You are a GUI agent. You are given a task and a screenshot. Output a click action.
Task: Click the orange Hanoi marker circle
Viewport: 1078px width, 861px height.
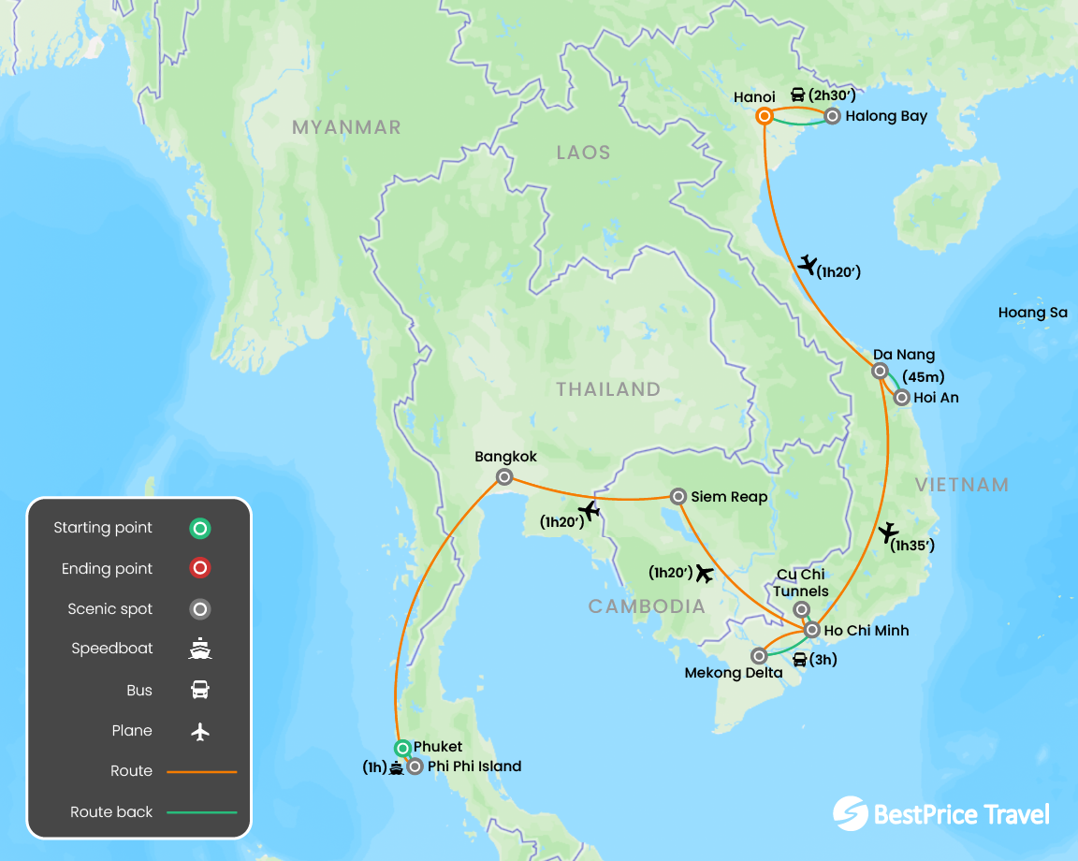click(x=765, y=116)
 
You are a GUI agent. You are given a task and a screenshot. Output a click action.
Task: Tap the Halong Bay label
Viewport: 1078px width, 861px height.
click(x=885, y=117)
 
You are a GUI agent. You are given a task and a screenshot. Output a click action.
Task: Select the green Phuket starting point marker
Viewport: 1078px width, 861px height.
click(x=402, y=748)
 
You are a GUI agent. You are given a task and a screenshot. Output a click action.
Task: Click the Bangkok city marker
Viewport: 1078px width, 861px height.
click(x=504, y=477)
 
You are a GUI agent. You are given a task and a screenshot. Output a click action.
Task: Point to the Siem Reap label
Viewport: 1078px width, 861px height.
click(x=729, y=497)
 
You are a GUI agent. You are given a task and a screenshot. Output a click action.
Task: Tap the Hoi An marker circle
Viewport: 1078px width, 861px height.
click(x=901, y=398)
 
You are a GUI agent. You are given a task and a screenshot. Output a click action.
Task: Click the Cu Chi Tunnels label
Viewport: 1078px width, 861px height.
click(x=801, y=583)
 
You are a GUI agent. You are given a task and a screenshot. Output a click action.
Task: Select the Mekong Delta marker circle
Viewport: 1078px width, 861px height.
click(x=759, y=656)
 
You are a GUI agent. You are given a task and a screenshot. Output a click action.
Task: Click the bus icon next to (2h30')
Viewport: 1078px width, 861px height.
click(x=798, y=95)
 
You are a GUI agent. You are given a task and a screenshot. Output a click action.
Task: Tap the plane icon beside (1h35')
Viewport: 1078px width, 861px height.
click(x=888, y=534)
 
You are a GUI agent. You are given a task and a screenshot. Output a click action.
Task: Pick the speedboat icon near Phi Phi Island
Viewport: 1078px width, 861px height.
click(x=397, y=768)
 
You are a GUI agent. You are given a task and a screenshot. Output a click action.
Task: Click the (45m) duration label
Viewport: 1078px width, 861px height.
click(x=923, y=377)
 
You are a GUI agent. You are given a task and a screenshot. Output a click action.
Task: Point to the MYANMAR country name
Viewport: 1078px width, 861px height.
click(x=346, y=127)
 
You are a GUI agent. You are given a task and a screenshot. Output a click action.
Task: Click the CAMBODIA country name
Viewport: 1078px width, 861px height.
click(x=646, y=606)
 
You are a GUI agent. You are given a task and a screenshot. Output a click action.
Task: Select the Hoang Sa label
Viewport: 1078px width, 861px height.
click(x=1032, y=313)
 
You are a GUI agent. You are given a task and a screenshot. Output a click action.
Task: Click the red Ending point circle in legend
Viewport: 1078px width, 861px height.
click(x=199, y=568)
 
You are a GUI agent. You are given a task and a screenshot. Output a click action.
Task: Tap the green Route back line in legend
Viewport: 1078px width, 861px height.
click(x=201, y=812)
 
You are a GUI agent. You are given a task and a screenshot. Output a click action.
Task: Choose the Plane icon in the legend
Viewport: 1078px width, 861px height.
click(x=199, y=731)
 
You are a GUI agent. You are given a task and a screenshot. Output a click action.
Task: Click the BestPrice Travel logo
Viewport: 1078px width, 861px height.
click(x=940, y=813)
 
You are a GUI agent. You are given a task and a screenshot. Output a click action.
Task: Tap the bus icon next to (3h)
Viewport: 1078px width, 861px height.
click(x=800, y=660)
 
